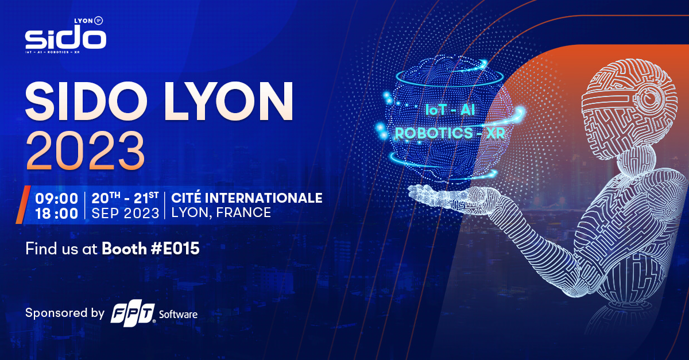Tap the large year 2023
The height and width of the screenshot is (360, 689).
85,151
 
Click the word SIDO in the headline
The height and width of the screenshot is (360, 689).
86,101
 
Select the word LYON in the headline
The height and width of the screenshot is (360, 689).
228,101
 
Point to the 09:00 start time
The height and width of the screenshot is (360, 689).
57,199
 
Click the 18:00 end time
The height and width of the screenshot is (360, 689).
57,214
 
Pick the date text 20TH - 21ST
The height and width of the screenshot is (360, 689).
125,198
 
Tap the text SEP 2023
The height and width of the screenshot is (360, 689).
125,214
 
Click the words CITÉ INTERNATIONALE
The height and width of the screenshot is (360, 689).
247,198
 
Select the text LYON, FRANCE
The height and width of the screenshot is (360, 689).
221,212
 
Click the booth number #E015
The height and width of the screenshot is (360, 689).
175,249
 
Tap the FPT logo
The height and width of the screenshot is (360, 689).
133,315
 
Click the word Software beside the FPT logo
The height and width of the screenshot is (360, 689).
178,315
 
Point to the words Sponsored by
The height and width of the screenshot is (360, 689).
65,313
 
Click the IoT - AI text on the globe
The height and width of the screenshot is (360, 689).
450,110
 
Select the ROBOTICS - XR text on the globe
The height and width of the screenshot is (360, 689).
450,133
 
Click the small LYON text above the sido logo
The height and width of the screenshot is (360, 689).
84,21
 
